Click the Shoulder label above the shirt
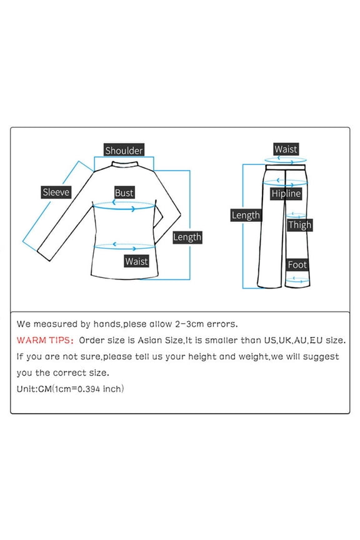click(124, 151)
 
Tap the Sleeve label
click(56, 192)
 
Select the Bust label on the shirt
click(124, 193)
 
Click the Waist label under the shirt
click(137, 261)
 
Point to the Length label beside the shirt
click(187, 237)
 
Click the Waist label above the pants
click(286, 149)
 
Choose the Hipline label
click(286, 194)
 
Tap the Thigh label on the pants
click(300, 225)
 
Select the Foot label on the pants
click(297, 265)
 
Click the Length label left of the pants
click(246, 215)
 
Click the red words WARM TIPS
click(45, 340)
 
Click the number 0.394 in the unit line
click(89, 389)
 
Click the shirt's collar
click(125, 164)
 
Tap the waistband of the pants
click(286, 167)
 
